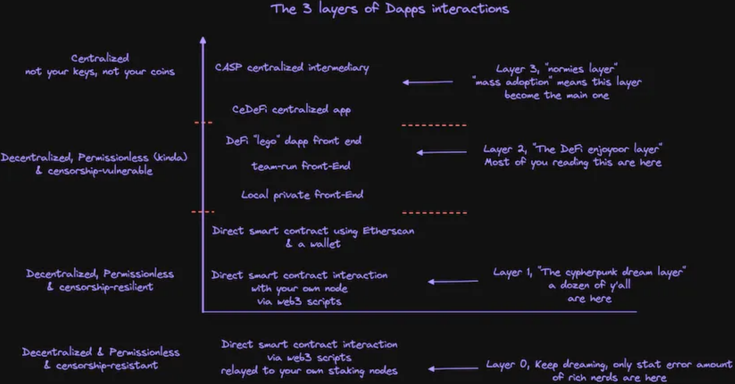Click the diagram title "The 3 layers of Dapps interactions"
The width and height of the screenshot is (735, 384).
click(390, 9)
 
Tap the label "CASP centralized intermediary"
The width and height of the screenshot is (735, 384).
click(292, 68)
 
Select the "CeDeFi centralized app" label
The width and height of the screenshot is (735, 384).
click(291, 110)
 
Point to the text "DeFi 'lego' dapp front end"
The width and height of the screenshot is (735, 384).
click(293, 141)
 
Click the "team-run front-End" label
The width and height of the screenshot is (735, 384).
click(301, 166)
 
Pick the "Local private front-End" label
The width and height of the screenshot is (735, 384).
click(302, 195)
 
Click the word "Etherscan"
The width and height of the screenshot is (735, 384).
click(388, 231)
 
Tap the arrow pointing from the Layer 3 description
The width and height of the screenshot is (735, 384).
click(427, 82)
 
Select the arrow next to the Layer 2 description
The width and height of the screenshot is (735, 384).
click(441, 152)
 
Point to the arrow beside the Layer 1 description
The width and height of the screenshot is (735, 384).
click(452, 281)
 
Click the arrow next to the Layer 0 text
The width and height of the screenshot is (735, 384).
click(453, 368)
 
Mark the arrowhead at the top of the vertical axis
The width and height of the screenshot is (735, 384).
click(203, 40)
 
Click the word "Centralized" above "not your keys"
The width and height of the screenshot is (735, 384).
click(100, 58)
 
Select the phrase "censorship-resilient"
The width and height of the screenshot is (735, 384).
click(106, 287)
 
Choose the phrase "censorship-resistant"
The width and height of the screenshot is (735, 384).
click(107, 366)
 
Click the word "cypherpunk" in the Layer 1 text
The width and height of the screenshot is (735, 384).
click(590, 273)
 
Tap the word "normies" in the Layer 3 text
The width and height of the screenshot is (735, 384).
click(565, 69)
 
